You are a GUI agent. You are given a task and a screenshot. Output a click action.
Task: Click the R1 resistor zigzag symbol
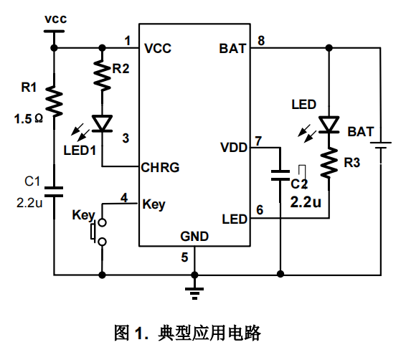(x=54, y=101)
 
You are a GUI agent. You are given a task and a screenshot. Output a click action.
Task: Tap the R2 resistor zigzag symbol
(x=103, y=75)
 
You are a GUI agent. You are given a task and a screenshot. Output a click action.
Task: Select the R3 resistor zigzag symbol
(x=329, y=163)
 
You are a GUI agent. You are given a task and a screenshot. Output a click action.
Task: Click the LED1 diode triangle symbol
(x=103, y=123)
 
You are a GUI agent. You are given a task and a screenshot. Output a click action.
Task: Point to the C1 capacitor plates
(x=54, y=191)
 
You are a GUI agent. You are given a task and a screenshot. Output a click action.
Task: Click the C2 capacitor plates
(x=280, y=175)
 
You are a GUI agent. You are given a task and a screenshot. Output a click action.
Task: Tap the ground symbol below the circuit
(x=194, y=294)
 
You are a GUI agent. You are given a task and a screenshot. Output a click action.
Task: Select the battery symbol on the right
(x=381, y=145)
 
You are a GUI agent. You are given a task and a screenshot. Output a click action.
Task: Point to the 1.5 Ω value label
(x=29, y=119)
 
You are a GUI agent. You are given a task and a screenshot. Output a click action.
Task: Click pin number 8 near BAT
(x=261, y=41)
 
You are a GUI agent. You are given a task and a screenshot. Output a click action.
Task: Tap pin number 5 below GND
(x=184, y=257)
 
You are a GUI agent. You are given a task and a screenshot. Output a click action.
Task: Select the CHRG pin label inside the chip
(x=160, y=167)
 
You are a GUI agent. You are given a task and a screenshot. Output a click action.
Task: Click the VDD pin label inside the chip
(x=234, y=148)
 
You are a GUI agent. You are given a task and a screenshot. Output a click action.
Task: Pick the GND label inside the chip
(x=194, y=236)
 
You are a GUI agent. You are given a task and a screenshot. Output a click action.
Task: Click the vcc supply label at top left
(x=56, y=19)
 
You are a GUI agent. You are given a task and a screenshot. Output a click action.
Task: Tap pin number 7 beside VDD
(x=258, y=141)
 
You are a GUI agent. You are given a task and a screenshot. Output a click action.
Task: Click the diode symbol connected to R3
(x=329, y=125)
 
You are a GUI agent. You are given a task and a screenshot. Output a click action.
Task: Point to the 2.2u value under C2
(x=306, y=202)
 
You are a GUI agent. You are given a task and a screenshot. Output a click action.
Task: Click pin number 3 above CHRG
(x=126, y=138)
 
